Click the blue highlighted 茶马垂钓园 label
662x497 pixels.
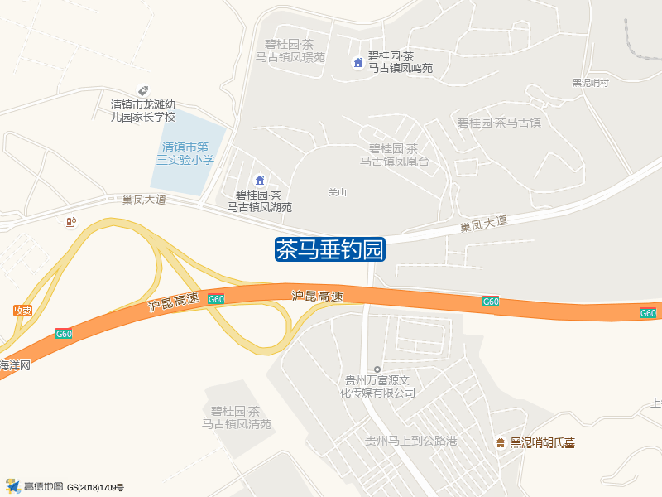[x=330, y=249]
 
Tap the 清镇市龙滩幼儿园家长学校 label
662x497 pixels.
[x=155, y=111]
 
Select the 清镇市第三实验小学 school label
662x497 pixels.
[x=188, y=153]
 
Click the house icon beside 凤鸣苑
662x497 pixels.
[x=358, y=62]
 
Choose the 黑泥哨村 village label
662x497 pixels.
[x=590, y=83]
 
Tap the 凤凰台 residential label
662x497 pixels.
[x=394, y=155]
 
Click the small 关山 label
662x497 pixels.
[x=337, y=192]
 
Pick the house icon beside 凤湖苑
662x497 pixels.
[x=260, y=181]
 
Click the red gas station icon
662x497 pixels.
[x=70, y=222]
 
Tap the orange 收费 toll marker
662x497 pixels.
[x=22, y=311]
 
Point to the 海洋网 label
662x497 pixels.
[x=15, y=364]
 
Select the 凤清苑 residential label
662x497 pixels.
[x=237, y=417]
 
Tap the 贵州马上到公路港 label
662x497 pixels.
[x=411, y=442]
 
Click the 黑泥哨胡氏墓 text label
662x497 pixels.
[x=542, y=443]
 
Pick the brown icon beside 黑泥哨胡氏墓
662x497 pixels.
[x=500, y=443]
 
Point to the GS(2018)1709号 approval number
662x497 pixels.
[x=95, y=488]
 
